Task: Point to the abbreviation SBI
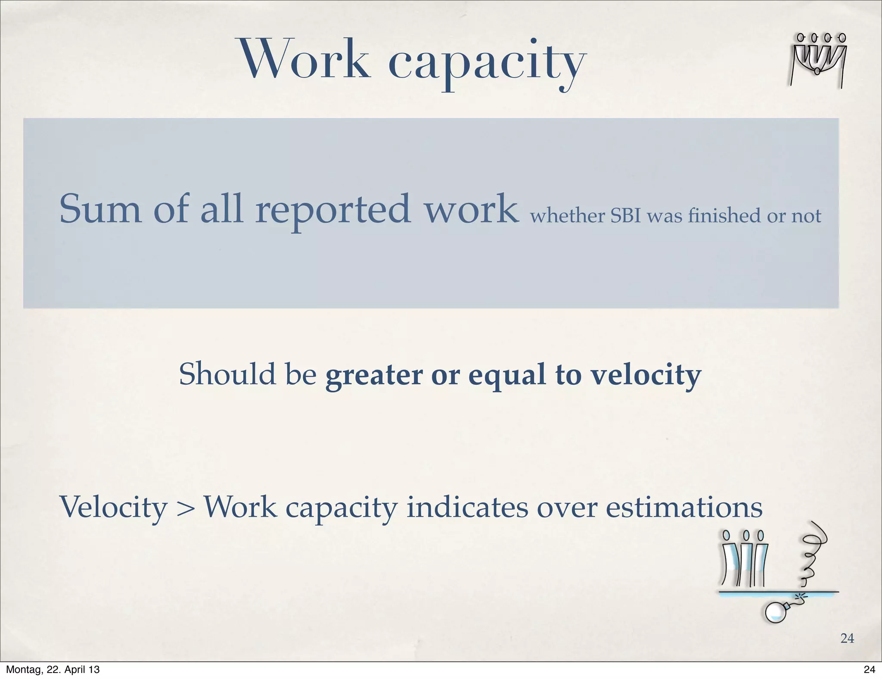pos(626,216)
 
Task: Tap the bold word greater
pos(374,376)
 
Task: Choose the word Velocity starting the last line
pos(113,508)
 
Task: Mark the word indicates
pos(467,507)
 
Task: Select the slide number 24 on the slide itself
pos(847,638)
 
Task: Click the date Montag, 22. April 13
pos(53,670)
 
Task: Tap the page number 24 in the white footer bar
pos(869,670)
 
